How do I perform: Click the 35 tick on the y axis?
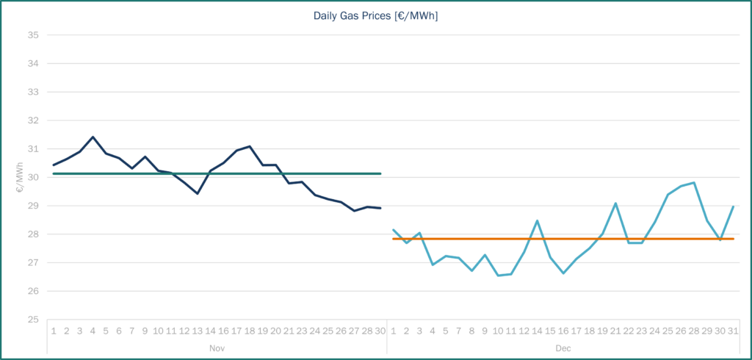pyautogui.click(x=33, y=35)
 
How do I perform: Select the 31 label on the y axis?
pyautogui.click(x=33, y=148)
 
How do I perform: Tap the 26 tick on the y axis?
pyautogui.click(x=33, y=291)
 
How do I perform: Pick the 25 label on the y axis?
pyautogui.click(x=33, y=320)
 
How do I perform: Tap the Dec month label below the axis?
pyautogui.click(x=563, y=348)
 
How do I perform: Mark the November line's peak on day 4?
pyautogui.click(x=93, y=137)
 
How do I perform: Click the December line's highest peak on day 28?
pyautogui.click(x=694, y=182)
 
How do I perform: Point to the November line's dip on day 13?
pyautogui.click(x=198, y=193)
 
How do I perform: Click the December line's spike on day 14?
pyautogui.click(x=537, y=220)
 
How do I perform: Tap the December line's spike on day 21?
pyautogui.click(x=615, y=203)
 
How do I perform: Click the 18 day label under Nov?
pyautogui.click(x=250, y=331)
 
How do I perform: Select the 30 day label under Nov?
pyautogui.click(x=380, y=331)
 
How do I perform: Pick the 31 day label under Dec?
pyautogui.click(x=733, y=331)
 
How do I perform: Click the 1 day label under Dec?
pyautogui.click(x=394, y=331)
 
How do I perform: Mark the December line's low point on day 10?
pyautogui.click(x=499, y=276)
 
